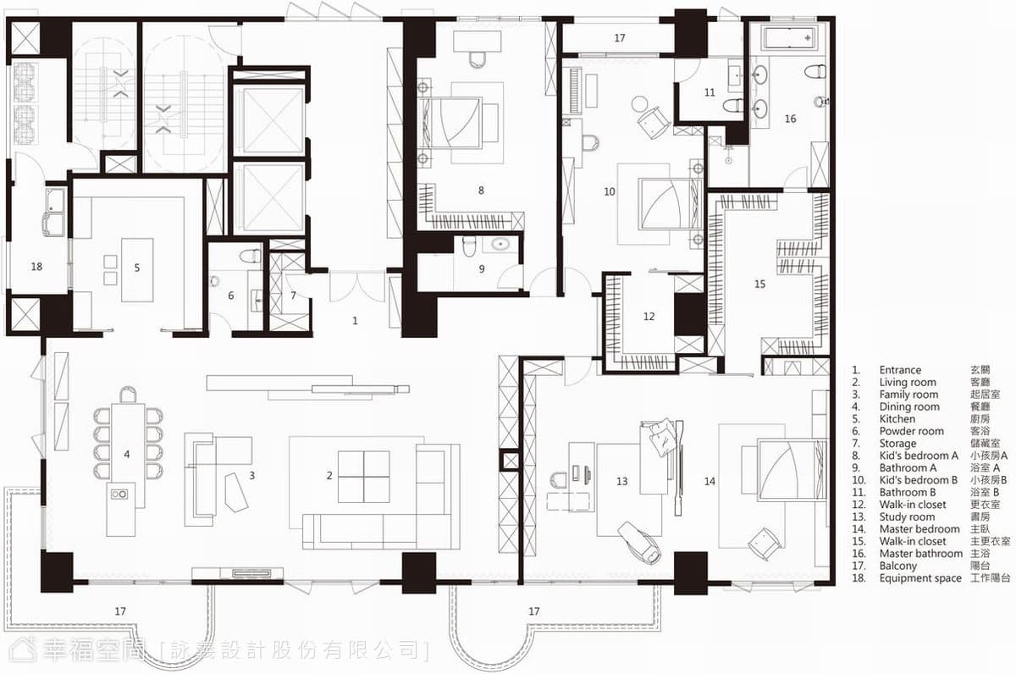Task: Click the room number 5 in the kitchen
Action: coord(137,268)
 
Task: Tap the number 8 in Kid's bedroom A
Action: coord(481,190)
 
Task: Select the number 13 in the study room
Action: coord(621,481)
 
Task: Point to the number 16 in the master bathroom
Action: coord(790,119)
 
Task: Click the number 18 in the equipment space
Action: coord(36,267)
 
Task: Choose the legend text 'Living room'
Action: coord(908,383)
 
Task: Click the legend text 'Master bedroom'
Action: coord(919,529)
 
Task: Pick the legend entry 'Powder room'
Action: coord(911,431)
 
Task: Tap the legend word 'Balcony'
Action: coord(897,566)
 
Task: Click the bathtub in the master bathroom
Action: coord(790,38)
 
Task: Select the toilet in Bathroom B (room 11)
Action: coord(732,106)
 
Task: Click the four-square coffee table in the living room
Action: coord(364,476)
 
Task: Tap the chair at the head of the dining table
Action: coord(129,395)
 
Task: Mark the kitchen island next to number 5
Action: coord(137,270)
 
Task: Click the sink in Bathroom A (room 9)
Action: coord(500,244)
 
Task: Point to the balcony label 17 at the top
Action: coord(620,38)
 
